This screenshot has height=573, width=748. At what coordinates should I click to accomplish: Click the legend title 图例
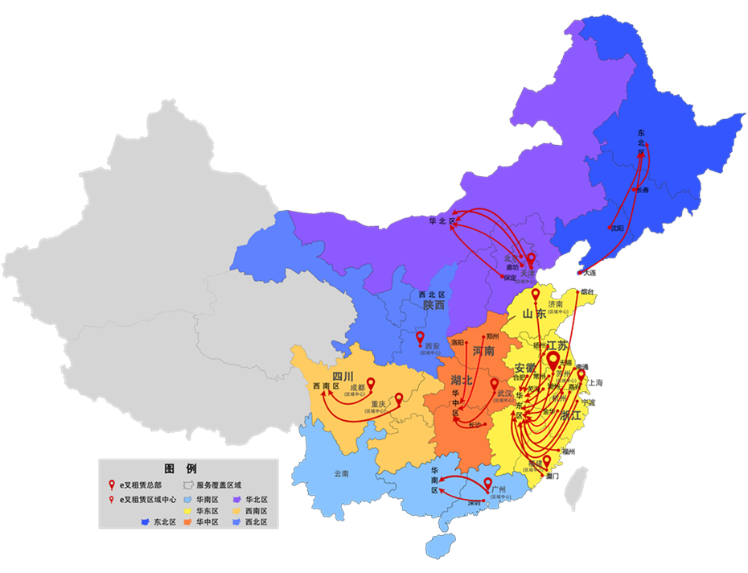(x=180, y=468)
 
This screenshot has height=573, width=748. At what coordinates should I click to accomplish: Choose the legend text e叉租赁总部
(x=141, y=485)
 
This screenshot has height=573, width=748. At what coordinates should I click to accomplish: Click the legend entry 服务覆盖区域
(x=220, y=485)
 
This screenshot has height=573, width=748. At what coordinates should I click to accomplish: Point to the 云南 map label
(x=343, y=474)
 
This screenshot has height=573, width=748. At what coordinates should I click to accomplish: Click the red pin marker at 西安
(x=420, y=338)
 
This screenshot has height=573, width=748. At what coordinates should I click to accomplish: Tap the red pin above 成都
(x=371, y=384)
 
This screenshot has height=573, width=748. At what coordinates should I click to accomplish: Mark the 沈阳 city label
(x=618, y=228)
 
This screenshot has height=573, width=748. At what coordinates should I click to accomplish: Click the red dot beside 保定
(x=503, y=278)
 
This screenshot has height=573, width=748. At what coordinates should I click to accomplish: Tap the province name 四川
(x=343, y=376)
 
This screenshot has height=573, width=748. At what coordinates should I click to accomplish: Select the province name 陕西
(x=434, y=305)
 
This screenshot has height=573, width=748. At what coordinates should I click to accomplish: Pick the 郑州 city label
(x=493, y=336)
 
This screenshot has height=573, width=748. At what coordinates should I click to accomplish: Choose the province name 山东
(x=534, y=315)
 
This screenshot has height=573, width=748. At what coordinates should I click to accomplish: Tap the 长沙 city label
(x=473, y=425)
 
